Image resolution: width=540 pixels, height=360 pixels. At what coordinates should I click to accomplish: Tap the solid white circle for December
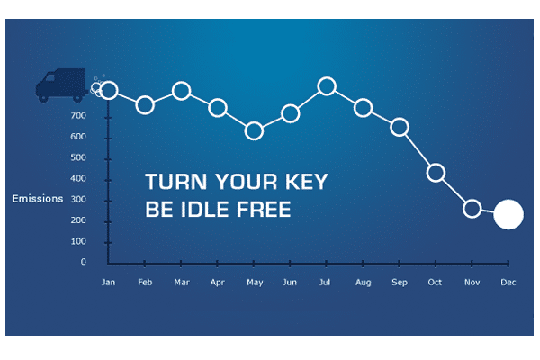[x=508, y=214]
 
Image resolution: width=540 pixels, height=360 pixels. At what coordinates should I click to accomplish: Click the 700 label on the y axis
[x=78, y=116]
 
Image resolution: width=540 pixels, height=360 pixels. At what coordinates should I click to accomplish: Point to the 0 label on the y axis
[x=84, y=262]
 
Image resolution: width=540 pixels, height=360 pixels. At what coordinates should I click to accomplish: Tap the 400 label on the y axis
[x=78, y=178]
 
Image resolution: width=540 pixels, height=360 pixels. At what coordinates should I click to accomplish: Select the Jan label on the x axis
[x=109, y=283]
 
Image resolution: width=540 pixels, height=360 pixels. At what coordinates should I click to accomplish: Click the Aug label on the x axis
[x=364, y=283]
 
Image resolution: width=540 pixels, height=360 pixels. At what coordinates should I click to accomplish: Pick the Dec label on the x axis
[x=508, y=283]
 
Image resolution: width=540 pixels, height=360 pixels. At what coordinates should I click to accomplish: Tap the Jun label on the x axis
[x=290, y=283]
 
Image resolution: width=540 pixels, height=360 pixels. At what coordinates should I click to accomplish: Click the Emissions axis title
[x=38, y=199]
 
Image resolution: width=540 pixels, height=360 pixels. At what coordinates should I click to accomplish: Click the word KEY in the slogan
[x=307, y=182]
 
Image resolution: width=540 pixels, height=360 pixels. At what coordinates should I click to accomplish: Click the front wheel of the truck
[x=43, y=98]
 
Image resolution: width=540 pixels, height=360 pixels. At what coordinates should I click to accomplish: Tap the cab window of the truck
[x=50, y=78]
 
